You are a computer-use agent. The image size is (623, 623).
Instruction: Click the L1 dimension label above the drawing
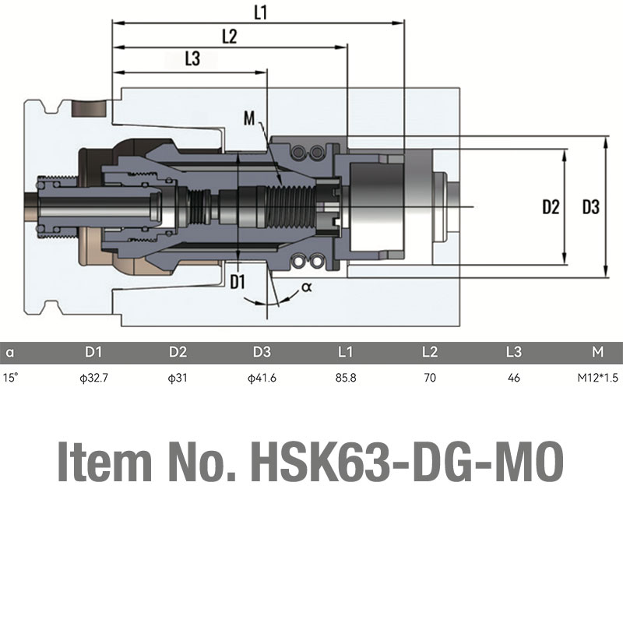click(261, 12)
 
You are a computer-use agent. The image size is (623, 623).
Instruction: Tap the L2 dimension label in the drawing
click(230, 37)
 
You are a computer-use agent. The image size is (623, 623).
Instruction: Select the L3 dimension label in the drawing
click(192, 58)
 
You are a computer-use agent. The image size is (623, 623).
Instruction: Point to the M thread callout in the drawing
click(249, 118)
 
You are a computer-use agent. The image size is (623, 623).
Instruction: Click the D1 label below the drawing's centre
click(238, 282)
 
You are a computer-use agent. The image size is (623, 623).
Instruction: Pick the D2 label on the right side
click(551, 207)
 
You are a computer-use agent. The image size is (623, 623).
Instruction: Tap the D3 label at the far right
click(591, 207)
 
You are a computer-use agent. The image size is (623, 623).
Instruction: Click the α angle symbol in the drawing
click(307, 287)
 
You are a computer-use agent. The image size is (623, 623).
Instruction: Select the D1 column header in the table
click(93, 352)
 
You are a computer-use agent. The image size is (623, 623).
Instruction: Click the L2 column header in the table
click(430, 352)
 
